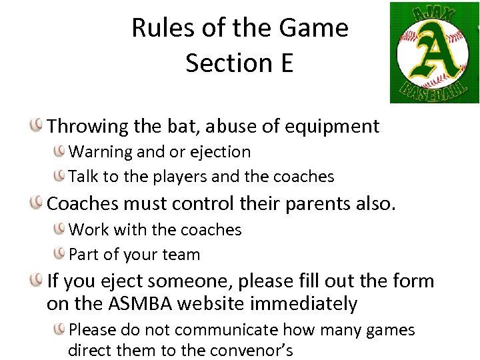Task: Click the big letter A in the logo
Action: point(434,53)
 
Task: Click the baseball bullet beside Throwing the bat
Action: point(38,125)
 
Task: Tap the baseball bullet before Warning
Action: point(61,151)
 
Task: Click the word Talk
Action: point(83,177)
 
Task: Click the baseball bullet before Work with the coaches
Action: point(61,229)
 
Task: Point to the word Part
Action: point(84,255)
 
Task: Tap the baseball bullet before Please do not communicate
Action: point(61,329)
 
